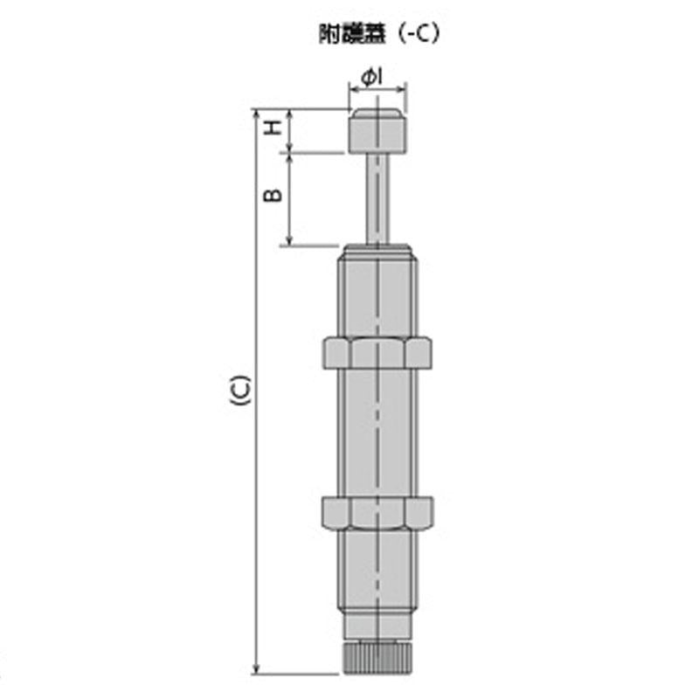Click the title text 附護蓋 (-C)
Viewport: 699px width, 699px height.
click(x=378, y=35)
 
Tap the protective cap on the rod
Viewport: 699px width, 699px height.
click(x=377, y=130)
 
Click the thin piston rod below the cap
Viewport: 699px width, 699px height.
click(x=377, y=197)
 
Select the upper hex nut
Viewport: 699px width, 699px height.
click(x=377, y=351)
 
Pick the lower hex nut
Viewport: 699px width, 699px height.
click(x=377, y=512)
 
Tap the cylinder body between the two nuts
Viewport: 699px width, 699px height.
click(x=377, y=432)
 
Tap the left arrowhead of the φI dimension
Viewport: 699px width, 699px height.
click(x=352, y=87)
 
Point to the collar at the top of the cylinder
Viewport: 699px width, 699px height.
click(x=377, y=252)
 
